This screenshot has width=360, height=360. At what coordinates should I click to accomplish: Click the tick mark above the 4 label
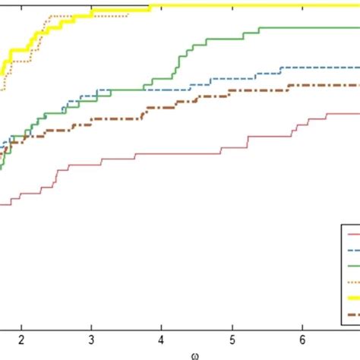(x=162, y=327)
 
